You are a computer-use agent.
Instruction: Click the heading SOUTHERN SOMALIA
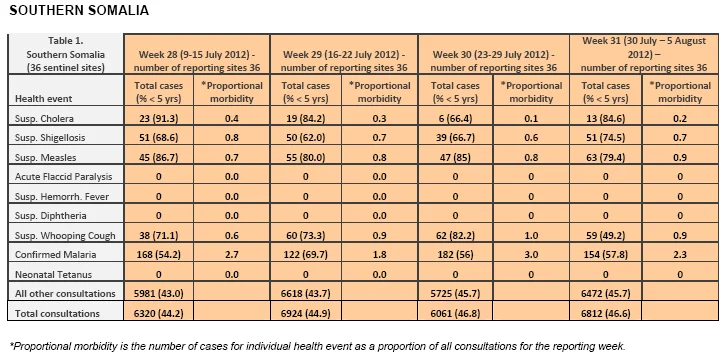coord(79,11)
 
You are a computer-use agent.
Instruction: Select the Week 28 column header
coord(197,61)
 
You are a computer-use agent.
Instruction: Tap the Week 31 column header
coord(644,54)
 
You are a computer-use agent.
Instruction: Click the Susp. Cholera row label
coord(44,118)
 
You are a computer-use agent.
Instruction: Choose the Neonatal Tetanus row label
coord(53,274)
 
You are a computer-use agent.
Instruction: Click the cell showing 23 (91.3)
coord(158,118)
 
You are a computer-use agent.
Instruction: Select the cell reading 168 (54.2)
coord(158,255)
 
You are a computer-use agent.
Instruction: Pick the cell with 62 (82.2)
coord(455,235)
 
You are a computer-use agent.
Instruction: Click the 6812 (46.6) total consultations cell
coord(605,313)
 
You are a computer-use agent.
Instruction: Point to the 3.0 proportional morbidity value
coord(531,255)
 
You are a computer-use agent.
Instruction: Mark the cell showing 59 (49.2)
coord(605,235)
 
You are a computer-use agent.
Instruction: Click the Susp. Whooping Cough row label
coord(65,235)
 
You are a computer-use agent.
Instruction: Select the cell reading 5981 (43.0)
coord(158,293)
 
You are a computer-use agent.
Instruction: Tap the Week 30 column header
coord(494,61)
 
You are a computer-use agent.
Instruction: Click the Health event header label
coord(43,98)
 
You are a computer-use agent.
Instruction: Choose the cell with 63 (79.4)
coord(605,157)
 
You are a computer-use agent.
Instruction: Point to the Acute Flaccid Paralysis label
coord(63,177)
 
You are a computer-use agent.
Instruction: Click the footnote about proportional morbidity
coord(318,346)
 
